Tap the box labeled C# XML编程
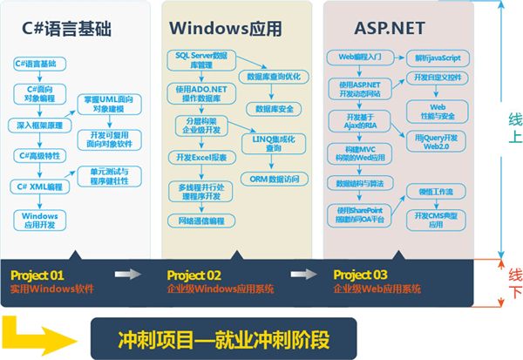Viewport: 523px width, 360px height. point(38,187)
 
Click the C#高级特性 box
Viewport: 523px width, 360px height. point(38,155)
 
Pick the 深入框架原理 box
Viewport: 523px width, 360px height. point(39,125)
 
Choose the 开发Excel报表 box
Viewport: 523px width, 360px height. point(198,157)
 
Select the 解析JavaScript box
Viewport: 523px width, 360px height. point(438,58)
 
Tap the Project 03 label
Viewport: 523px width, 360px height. point(358,275)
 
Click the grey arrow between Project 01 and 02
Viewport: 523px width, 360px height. point(129,275)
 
